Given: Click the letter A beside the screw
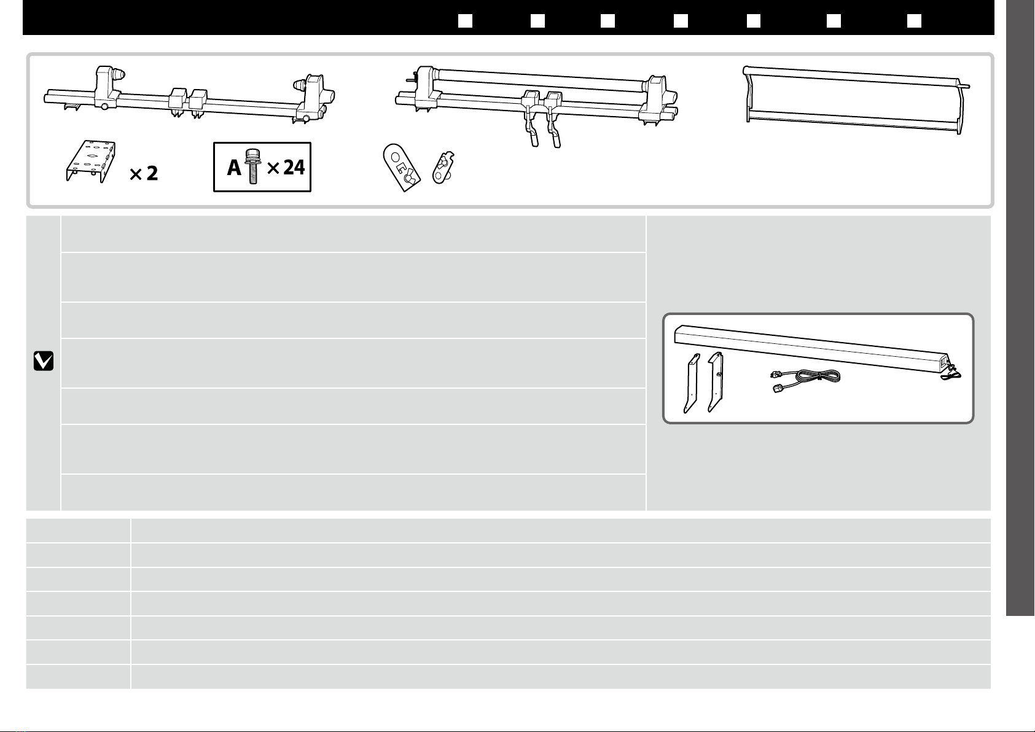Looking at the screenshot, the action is coord(234,167).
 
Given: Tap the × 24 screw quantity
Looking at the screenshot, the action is coord(286,167).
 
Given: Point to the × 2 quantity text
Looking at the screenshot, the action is coord(144,174).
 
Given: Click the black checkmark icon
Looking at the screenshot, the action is coord(43,361).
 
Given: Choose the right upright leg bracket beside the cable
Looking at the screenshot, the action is coord(716,382).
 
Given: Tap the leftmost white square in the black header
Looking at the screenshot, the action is coord(465,21).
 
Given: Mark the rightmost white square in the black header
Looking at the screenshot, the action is coord(914,21).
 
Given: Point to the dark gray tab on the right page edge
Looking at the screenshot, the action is coord(1020,307).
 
